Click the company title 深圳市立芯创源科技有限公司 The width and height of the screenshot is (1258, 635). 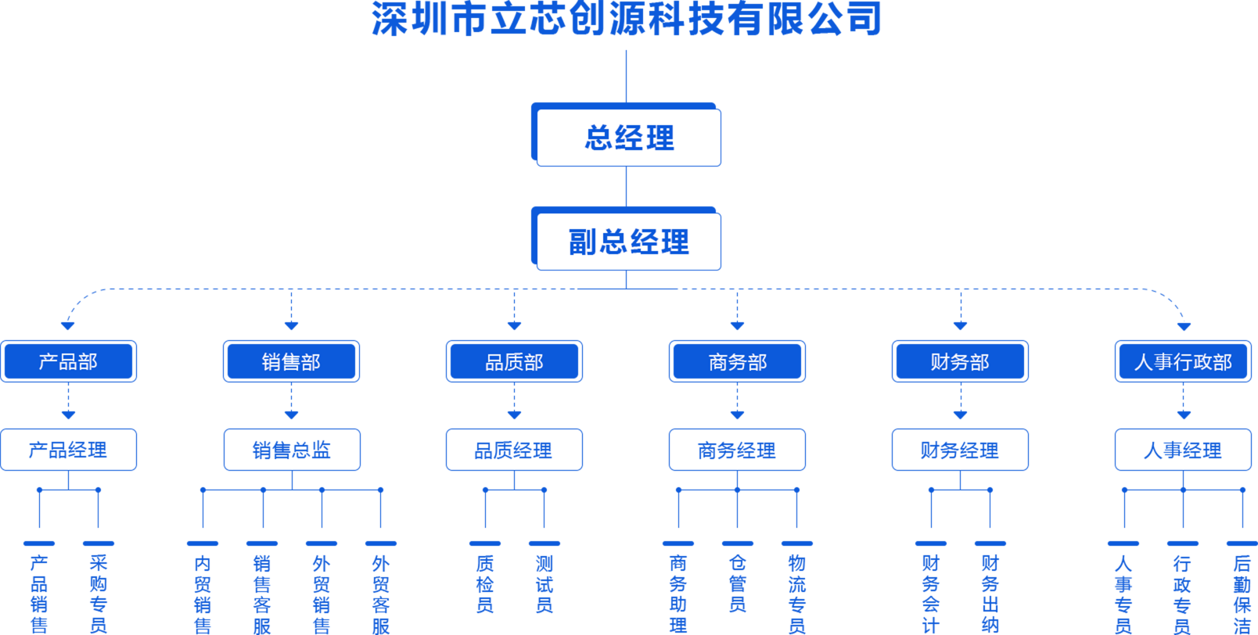point(627,19)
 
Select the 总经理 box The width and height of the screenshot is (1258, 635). point(628,138)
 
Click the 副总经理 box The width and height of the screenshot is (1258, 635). point(628,242)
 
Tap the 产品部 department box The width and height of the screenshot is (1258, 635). point(69,361)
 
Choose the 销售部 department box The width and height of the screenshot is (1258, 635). point(291,361)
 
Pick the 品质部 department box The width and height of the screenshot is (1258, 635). point(514,361)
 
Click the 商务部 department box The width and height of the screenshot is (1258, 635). point(737,361)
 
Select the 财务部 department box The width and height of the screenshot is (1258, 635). point(960,361)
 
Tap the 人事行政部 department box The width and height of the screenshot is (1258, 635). point(1183,361)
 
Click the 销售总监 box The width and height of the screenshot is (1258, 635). point(291,450)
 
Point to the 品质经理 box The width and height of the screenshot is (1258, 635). point(514,450)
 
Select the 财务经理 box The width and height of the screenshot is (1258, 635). point(960,450)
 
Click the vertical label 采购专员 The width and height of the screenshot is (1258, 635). point(99,593)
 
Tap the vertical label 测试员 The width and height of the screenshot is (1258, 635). point(545,583)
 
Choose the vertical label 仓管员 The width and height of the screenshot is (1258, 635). point(737,583)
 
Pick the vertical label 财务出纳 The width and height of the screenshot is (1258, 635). point(990,593)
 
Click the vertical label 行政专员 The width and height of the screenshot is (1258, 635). point(1182,593)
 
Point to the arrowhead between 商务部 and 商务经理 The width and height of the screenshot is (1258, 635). point(737,414)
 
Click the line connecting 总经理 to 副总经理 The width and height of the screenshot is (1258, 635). point(627,186)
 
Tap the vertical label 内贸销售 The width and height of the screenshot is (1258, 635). point(203,593)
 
